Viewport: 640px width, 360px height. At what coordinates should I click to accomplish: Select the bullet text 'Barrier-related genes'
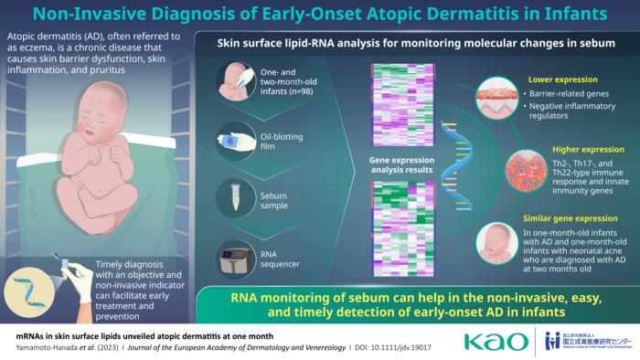coord(565,95)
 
